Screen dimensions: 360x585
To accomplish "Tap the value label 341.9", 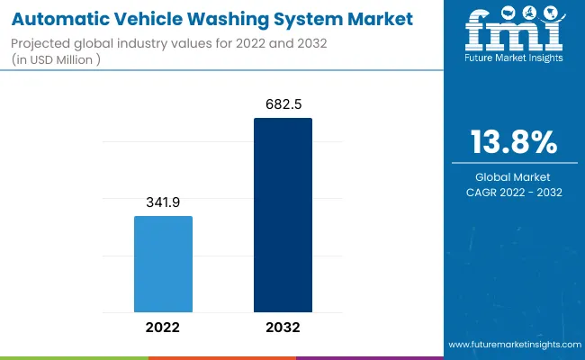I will (x=163, y=203).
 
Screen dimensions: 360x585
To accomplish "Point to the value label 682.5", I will (x=283, y=105).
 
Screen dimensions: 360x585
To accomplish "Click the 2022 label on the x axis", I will (x=163, y=327).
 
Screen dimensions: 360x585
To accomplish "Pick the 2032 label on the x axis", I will (x=283, y=327).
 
